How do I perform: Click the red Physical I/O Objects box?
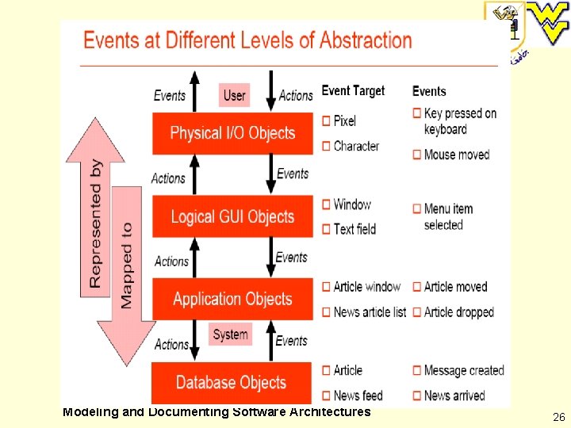click(232, 133)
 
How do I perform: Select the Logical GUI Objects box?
click(232, 216)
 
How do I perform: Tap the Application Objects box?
click(232, 299)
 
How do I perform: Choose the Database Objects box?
click(231, 382)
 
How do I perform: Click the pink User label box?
click(234, 95)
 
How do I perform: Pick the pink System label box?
click(230, 334)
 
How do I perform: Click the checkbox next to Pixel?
click(327, 120)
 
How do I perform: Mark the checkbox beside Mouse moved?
click(417, 155)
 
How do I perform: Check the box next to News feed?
click(327, 395)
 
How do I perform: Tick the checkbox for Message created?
click(417, 370)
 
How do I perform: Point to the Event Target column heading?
click(353, 91)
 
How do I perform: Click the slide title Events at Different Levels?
click(247, 40)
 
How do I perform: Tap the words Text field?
click(354, 229)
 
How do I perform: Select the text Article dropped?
click(458, 311)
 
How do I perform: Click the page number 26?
click(558, 416)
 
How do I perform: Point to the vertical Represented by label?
click(96, 224)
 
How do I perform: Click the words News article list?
click(370, 311)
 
